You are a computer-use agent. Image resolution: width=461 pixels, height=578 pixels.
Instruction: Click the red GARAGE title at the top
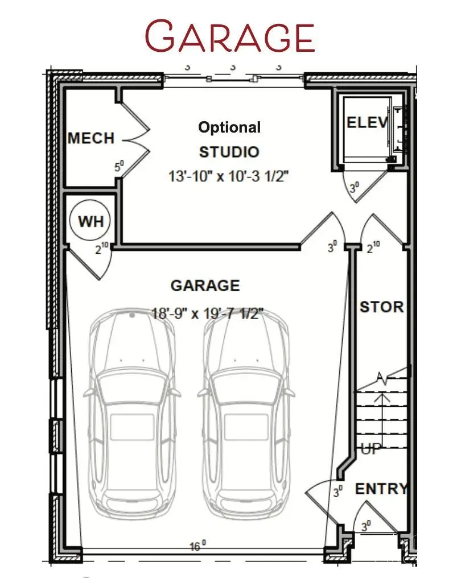230,36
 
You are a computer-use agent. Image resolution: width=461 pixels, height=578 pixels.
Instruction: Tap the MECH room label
91,138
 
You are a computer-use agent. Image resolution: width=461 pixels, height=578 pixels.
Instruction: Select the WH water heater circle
89,220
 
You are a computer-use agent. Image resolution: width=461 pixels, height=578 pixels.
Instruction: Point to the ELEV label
367,122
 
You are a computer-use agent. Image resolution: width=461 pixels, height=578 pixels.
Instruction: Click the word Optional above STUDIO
229,127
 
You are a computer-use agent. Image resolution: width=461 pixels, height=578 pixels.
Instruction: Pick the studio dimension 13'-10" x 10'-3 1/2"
228,176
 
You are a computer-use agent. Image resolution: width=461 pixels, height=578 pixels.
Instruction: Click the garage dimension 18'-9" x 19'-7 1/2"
207,313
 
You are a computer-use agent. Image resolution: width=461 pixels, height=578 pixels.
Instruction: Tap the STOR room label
382,307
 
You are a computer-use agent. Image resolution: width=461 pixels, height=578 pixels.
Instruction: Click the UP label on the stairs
371,449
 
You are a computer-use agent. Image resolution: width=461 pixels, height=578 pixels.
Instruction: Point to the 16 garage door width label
197,546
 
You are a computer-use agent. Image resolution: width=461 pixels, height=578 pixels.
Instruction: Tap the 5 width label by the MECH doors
119,166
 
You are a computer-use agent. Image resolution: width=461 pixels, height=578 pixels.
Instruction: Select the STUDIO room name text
229,152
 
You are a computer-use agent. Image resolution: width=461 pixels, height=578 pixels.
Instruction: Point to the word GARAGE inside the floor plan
205,286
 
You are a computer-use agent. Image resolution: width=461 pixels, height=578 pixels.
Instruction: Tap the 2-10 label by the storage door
373,246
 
